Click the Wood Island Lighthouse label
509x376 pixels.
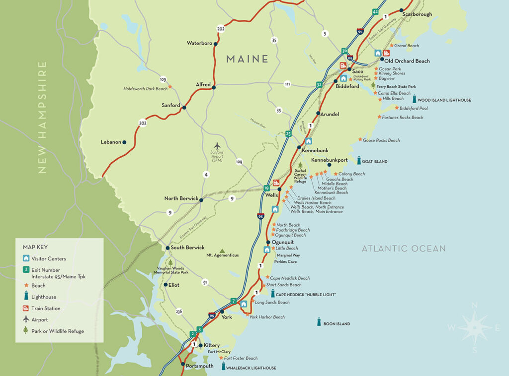(444, 100)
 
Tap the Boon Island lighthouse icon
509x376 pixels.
(319, 322)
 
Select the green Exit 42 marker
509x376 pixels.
(376, 11)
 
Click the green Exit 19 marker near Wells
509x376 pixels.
(266, 188)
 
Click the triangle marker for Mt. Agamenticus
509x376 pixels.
(222, 251)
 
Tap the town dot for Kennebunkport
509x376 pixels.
(329, 165)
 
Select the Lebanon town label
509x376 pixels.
(111, 142)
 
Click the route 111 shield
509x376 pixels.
(287, 84)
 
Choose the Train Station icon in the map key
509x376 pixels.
(26, 308)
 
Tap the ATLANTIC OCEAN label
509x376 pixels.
(404, 249)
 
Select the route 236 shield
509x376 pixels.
(179, 312)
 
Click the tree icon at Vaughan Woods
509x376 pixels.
(171, 262)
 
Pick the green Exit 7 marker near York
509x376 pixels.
(233, 301)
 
